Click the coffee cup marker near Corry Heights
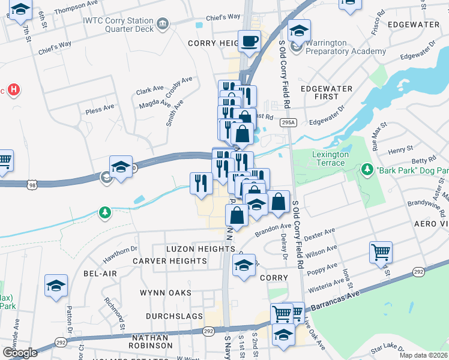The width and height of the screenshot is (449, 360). pos(249,41)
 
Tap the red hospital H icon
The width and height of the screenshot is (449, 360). pos(14,91)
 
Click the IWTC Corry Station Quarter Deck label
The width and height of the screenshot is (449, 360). pos(118,25)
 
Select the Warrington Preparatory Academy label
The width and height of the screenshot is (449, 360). pos(345,47)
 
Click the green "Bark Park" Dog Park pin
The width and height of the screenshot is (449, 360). pos(367,170)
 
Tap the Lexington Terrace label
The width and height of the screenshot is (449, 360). pos(330,158)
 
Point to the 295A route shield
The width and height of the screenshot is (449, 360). pos(289,123)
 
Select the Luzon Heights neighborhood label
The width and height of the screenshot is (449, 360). pos(192,248)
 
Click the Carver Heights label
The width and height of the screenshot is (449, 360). pos(170,261)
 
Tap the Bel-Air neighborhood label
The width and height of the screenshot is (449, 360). pos(100,273)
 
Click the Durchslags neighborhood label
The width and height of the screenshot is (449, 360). pos(170,316)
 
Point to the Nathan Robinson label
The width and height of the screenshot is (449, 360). pos(151,341)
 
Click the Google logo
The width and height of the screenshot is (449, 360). pos(20,352)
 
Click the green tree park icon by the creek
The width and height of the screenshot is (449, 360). pos(105,212)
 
